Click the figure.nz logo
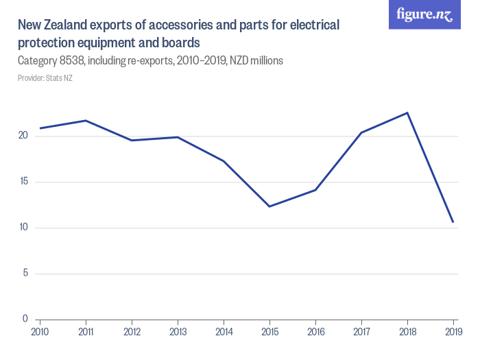pyautogui.click(x=424, y=15)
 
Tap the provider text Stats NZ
pyautogui.click(x=59, y=78)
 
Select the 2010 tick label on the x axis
pyautogui.click(x=40, y=332)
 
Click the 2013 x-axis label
pyautogui.click(x=178, y=332)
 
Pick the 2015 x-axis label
pyautogui.click(x=269, y=332)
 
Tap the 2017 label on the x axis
pyautogui.click(x=361, y=332)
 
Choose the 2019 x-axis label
pyautogui.click(x=453, y=332)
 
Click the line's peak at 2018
pyautogui.click(x=407, y=112)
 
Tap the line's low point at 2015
pyautogui.click(x=269, y=206)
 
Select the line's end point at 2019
pyautogui.click(x=453, y=222)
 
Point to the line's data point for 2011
pyautogui.click(x=86, y=121)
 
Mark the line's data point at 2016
pyautogui.click(x=315, y=190)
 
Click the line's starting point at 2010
pyautogui.click(x=40, y=128)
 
